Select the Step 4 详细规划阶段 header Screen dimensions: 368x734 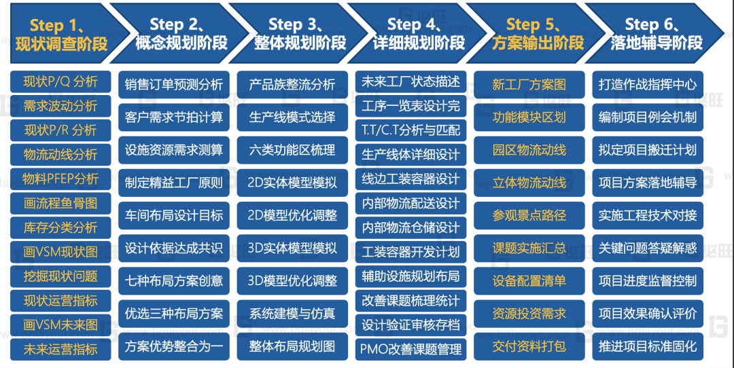(419, 34)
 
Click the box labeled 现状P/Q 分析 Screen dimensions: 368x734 (60, 81)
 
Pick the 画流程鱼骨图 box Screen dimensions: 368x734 (60, 203)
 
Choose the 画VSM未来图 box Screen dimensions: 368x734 (60, 325)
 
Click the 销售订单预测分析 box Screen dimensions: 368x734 (174, 85)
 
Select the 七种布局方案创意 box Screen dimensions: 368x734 (174, 280)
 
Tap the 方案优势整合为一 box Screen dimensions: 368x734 (174, 346)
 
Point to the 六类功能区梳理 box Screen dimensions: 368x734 (292, 150)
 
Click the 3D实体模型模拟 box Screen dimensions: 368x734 (292, 248)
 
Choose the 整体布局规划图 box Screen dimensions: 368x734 (292, 346)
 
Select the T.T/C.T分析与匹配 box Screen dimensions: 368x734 (410, 130)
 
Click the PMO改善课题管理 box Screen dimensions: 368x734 (410, 349)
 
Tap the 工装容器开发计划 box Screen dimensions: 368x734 (410, 252)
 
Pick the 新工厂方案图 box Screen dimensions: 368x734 (529, 85)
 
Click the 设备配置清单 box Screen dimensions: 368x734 (529, 280)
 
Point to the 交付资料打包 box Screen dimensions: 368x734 (529, 346)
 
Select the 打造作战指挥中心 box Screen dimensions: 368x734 (648, 85)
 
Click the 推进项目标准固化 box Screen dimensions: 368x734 (648, 346)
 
